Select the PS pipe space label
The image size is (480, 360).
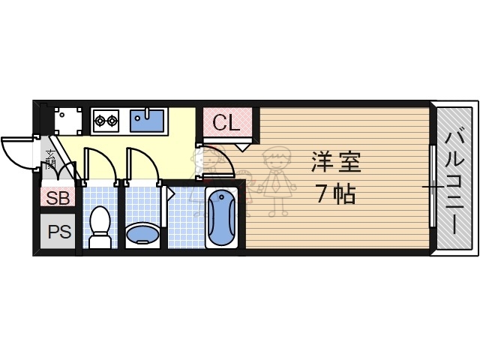(58, 232)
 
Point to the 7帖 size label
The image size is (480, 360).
(334, 194)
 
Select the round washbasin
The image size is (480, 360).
(142, 234)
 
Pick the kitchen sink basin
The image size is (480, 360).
(147, 119)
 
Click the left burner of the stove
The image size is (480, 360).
(100, 119)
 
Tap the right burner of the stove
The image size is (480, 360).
(112, 119)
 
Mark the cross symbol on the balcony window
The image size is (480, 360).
(433, 186)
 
